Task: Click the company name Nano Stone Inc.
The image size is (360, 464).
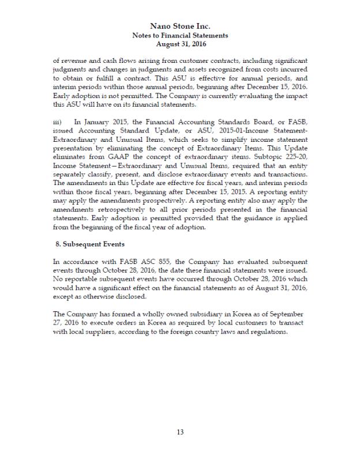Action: [180, 26]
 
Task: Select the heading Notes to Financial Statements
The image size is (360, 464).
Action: [180, 35]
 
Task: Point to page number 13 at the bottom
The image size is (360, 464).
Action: [180, 432]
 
